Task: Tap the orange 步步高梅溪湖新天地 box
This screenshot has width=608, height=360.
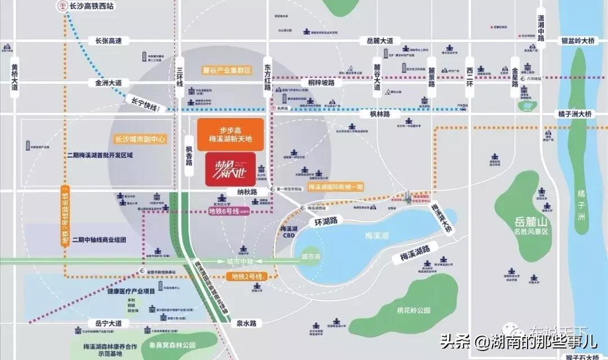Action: pos(231,134)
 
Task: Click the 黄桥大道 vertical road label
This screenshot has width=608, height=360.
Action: pos(15,78)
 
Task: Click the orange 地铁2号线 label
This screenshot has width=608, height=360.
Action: pos(247,277)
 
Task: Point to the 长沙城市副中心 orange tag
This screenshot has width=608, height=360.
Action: pos(140,139)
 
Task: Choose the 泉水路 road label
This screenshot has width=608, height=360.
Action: pos(247,323)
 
